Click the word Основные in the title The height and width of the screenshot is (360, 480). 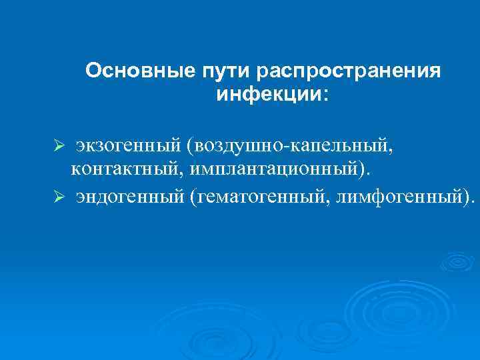[x=139, y=71]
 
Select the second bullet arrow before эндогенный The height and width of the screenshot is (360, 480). [x=59, y=197]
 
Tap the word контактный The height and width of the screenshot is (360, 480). [x=127, y=169]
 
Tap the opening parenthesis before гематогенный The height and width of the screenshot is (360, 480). [x=193, y=197]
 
